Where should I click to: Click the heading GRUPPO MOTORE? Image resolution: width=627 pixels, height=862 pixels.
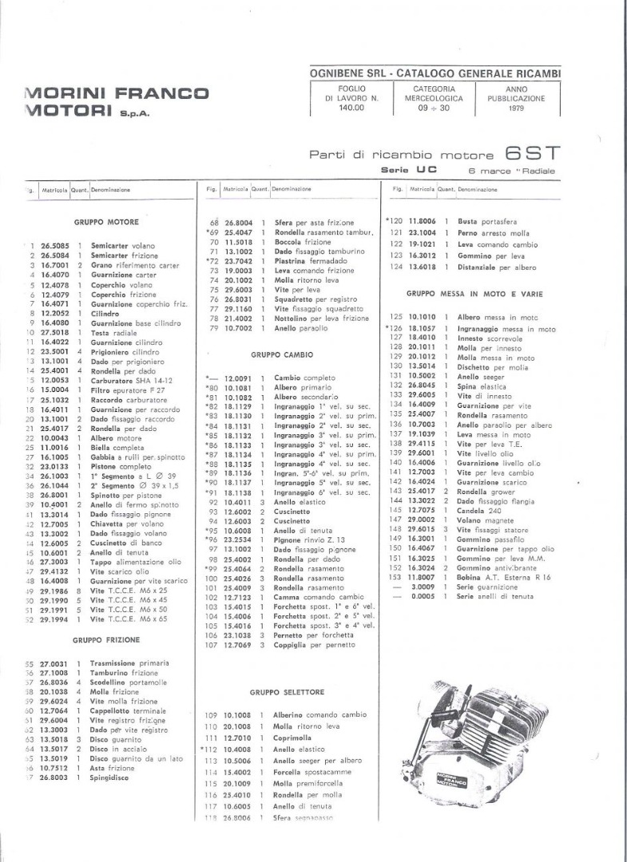pos(106,222)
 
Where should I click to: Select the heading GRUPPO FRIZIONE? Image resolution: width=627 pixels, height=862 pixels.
pos(106,640)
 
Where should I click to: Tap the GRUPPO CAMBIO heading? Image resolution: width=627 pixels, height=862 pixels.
pos(282,354)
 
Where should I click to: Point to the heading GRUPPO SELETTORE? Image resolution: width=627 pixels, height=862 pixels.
pos(287,693)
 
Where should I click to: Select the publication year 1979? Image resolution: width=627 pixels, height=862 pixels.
pos(515,108)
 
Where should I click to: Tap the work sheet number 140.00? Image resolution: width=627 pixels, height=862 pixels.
pos(351,108)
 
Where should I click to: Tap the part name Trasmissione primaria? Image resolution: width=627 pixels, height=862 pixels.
pos(129,663)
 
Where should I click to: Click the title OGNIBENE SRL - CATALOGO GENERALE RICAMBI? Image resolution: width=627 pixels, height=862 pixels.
pos(435,73)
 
